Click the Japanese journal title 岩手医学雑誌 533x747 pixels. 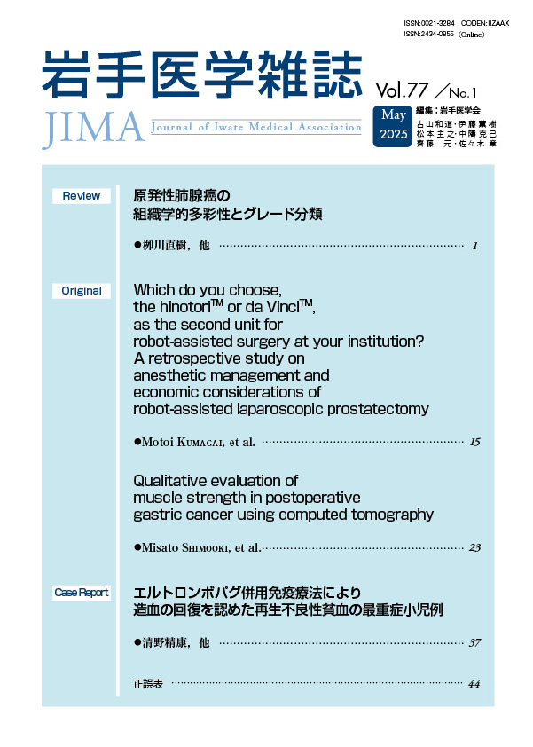(202, 73)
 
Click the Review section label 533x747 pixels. (82, 196)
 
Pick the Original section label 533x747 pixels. (82, 291)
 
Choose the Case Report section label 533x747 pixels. (82, 592)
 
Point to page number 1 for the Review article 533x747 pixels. (476, 246)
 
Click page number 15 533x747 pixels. (474, 441)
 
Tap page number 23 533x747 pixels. (474, 547)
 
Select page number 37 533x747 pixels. (474, 642)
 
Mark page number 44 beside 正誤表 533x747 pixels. (474, 684)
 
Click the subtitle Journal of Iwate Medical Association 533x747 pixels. (257, 127)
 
